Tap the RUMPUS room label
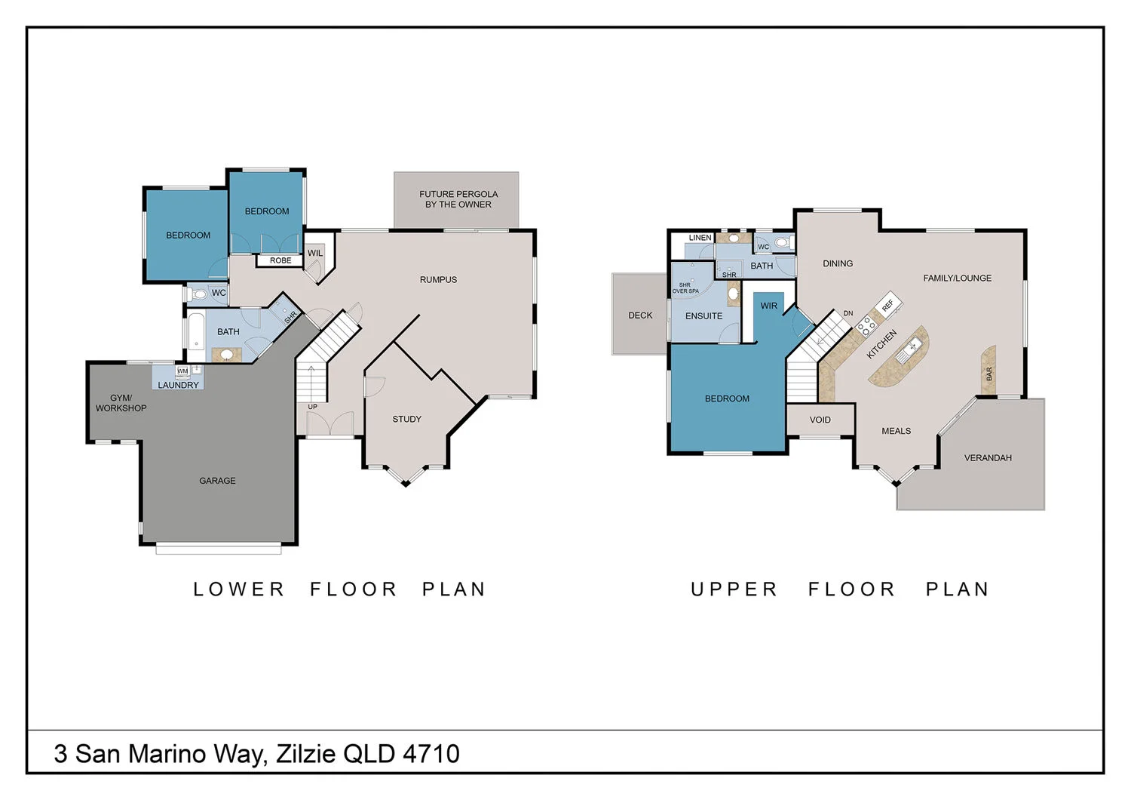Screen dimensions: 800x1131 point(438,280)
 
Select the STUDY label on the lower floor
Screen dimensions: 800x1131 point(406,420)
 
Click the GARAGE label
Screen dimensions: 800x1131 point(217,481)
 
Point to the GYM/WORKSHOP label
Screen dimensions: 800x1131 point(121,403)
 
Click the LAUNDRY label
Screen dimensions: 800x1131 point(179,385)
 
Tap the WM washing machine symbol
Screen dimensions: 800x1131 point(182,371)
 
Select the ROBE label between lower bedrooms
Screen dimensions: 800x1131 point(280,260)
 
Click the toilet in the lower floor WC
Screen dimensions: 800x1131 point(200,294)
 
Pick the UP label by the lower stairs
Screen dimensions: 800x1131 point(313,407)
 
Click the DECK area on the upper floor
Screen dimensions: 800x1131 point(640,315)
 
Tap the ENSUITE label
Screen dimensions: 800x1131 point(703,316)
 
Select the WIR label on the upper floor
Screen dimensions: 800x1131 point(768,306)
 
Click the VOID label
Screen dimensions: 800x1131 point(820,420)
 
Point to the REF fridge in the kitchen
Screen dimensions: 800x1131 point(887,304)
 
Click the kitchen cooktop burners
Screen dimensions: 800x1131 point(866,325)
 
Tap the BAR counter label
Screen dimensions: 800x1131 point(988,374)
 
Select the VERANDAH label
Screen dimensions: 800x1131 point(988,458)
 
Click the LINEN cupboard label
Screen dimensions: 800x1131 point(700,238)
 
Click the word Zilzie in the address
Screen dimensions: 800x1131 point(306,754)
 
